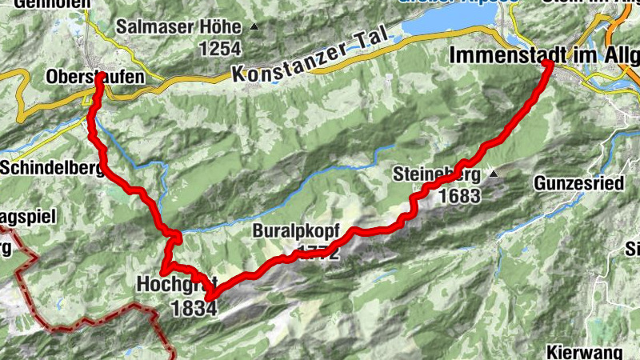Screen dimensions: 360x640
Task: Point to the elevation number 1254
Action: click(221, 50)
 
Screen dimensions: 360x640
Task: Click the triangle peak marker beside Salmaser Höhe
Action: click(255, 27)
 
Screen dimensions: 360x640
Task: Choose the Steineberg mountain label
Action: click(437, 174)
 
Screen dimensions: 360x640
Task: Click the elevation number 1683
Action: click(459, 195)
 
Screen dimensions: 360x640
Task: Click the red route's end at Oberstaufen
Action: click(99, 78)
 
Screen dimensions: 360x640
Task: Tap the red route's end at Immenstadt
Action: click(550, 65)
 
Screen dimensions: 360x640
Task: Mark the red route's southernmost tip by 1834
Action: click(210, 298)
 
